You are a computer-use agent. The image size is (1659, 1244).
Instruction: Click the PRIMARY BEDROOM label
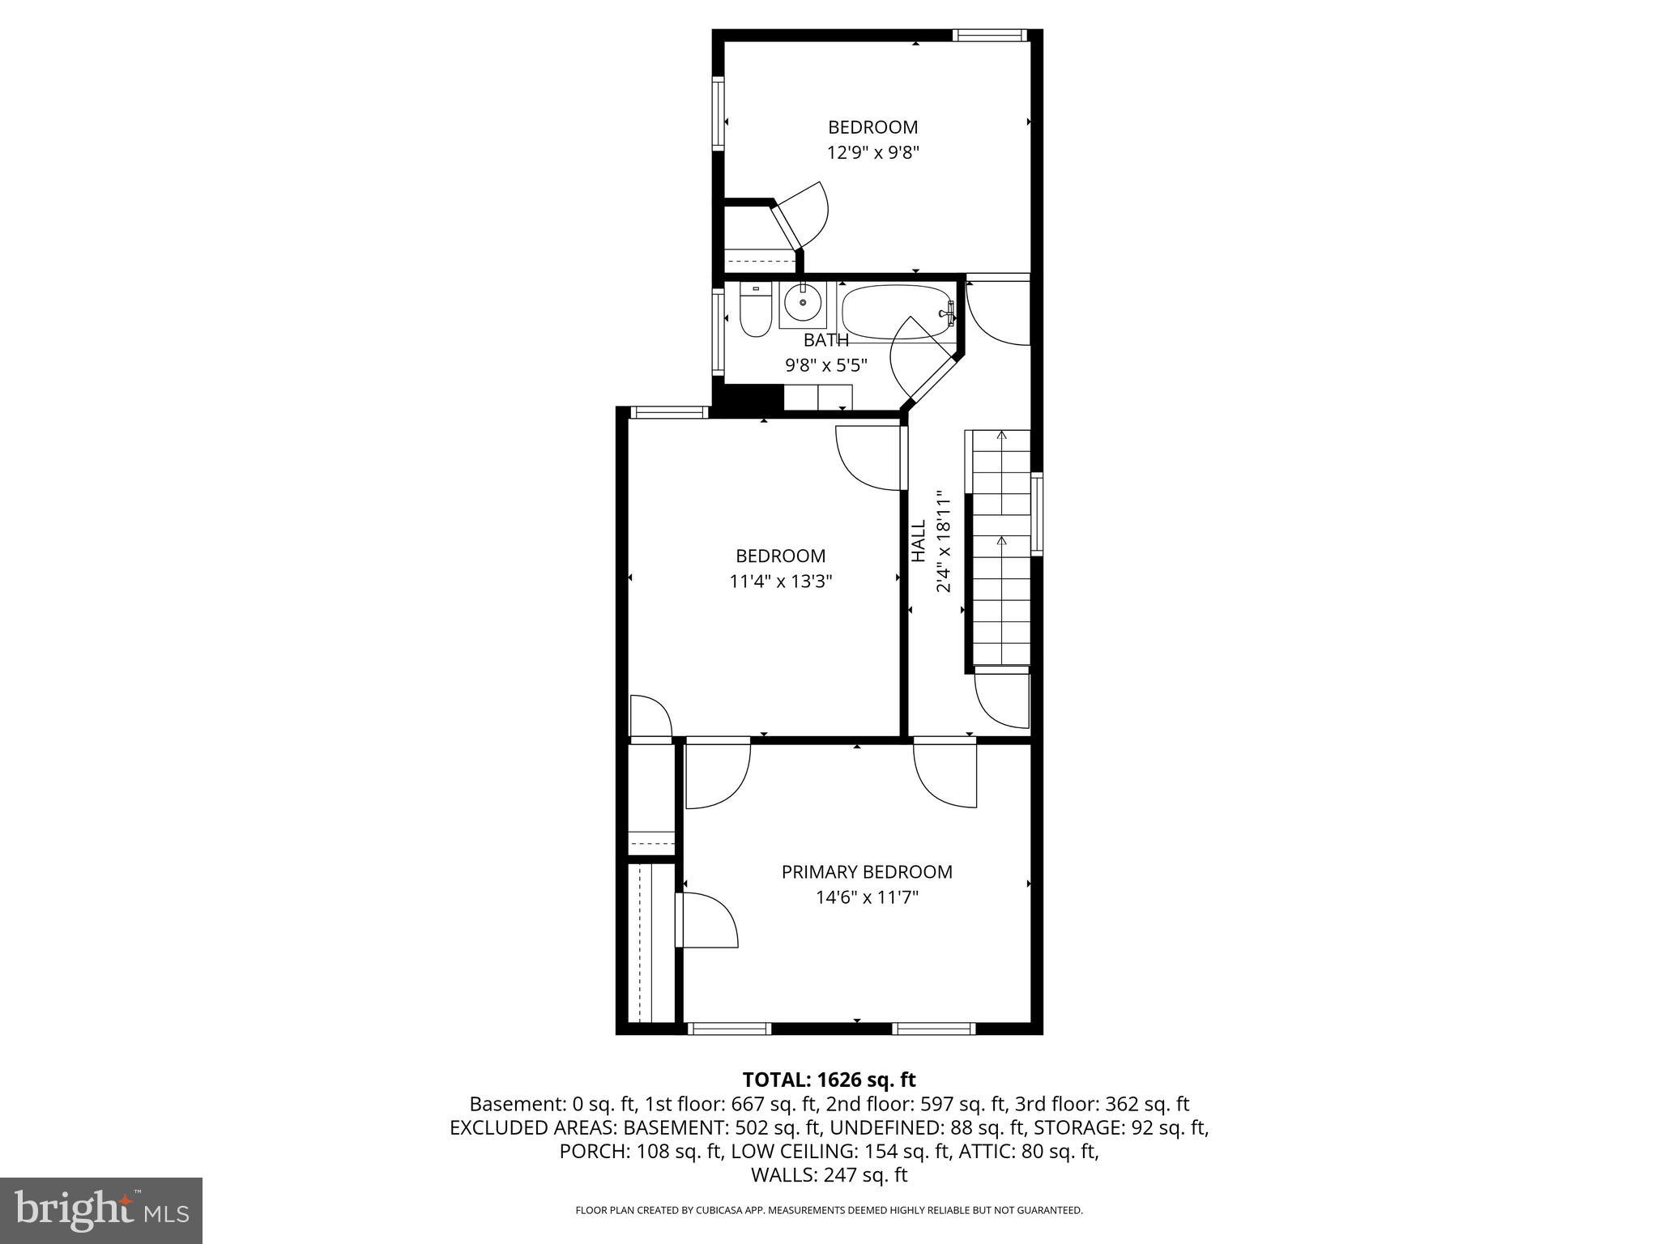(x=866, y=872)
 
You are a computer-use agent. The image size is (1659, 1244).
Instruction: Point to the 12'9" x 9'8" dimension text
(x=872, y=152)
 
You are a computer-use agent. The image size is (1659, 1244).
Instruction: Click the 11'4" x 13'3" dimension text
(x=780, y=582)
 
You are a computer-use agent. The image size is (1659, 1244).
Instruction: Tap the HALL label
(x=919, y=541)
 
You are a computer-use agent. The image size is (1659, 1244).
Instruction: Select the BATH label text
(x=825, y=340)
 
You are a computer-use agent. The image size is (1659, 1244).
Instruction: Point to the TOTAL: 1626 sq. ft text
(x=829, y=1080)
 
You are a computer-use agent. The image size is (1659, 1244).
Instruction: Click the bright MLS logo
(x=101, y=1211)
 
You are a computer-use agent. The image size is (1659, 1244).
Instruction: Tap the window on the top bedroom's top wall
(x=989, y=35)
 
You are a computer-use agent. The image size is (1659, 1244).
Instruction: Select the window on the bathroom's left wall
(x=718, y=330)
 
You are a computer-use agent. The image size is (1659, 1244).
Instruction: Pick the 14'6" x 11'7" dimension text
(x=866, y=897)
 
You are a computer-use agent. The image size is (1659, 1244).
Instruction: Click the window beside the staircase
(x=1036, y=513)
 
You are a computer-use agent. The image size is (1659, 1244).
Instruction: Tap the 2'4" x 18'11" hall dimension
(x=943, y=541)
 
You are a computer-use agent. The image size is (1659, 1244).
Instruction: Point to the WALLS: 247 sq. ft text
(x=829, y=1175)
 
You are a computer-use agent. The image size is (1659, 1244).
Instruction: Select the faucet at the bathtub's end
(x=947, y=311)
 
